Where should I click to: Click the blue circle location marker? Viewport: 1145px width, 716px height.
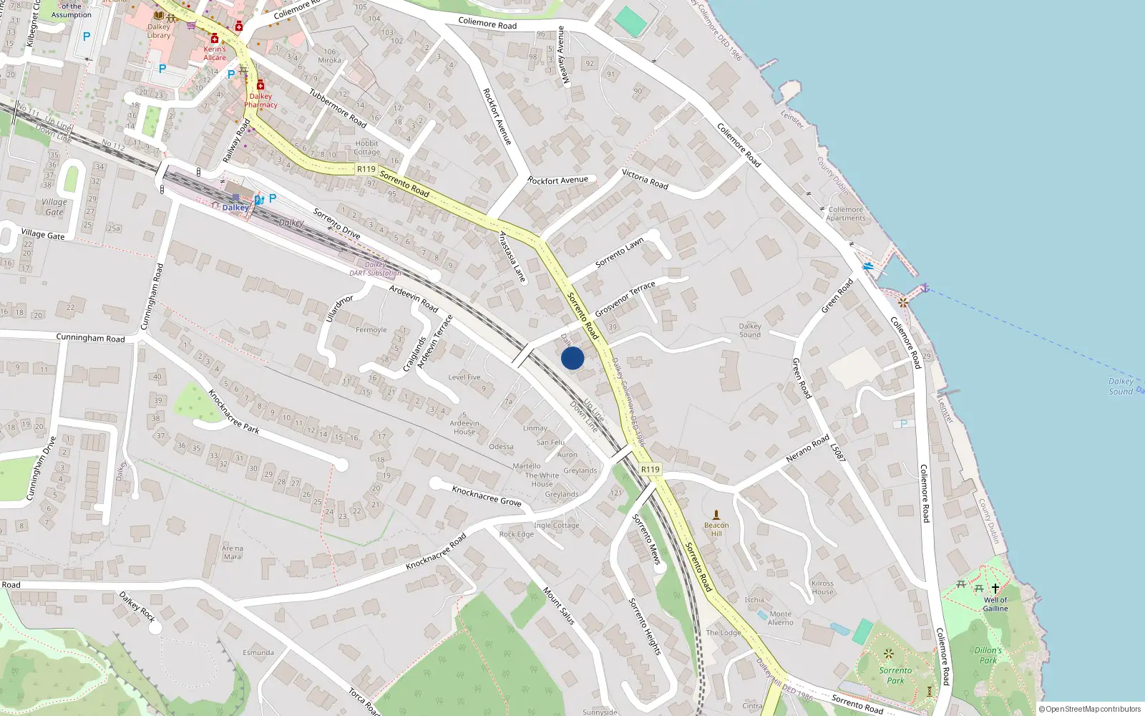click(x=572, y=358)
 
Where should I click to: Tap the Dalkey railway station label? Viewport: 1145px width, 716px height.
click(x=235, y=208)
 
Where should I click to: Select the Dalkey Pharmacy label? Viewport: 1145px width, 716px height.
click(x=260, y=100)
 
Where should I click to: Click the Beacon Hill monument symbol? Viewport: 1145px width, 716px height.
click(x=716, y=515)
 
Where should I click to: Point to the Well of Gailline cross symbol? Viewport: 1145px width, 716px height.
click(x=995, y=589)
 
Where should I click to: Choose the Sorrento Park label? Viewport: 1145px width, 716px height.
click(x=895, y=675)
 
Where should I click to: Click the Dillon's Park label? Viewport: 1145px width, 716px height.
click(x=988, y=655)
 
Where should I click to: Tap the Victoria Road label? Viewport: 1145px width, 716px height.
click(x=645, y=179)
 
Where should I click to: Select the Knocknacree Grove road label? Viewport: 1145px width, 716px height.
click(x=487, y=495)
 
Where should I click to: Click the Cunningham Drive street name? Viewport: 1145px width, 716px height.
click(x=41, y=469)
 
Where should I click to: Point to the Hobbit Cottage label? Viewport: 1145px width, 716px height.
click(x=366, y=147)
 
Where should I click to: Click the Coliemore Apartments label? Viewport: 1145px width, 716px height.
click(x=845, y=214)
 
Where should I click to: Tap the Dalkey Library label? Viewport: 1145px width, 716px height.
click(x=159, y=31)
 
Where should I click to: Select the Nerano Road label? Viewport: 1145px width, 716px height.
click(x=807, y=448)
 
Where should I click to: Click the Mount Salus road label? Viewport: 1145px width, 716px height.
click(x=559, y=606)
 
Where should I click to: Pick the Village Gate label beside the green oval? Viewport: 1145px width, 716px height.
click(x=54, y=207)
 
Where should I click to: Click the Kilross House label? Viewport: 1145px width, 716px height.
click(x=822, y=587)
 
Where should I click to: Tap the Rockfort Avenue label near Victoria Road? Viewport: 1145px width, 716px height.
click(x=557, y=180)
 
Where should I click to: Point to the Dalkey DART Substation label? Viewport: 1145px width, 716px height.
click(x=375, y=268)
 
